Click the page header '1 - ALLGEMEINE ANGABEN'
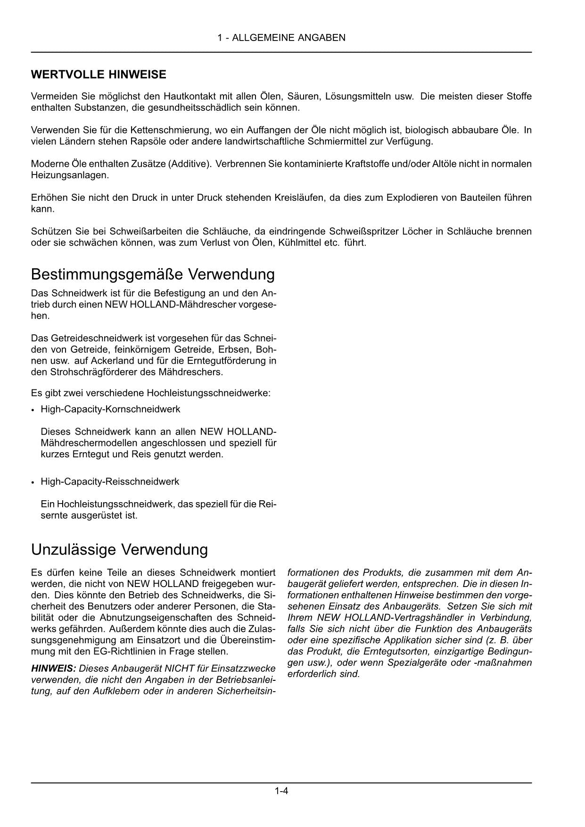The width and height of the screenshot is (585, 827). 281,38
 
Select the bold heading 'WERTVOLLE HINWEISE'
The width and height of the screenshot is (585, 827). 99,74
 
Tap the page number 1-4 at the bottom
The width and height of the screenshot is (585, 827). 281,791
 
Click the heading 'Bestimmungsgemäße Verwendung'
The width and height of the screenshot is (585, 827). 153,274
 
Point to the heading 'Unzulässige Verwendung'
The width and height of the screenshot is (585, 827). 119,550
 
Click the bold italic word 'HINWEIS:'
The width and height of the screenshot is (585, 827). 53,669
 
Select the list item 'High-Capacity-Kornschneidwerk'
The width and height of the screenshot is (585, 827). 110,409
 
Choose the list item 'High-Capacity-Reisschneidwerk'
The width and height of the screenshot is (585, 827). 110,481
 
